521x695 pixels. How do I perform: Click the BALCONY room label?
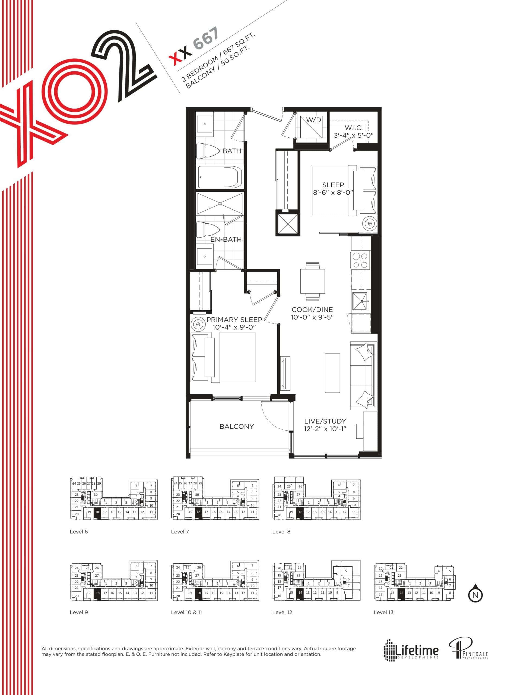click(x=236, y=426)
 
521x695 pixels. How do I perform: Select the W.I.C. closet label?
click(x=354, y=128)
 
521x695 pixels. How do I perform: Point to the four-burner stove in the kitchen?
click(x=360, y=260)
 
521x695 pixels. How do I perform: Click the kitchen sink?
click(x=362, y=301)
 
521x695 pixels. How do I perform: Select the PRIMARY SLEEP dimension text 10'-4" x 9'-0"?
click(x=234, y=327)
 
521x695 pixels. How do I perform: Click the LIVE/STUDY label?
click(x=325, y=421)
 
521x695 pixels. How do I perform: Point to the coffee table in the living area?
click(x=332, y=373)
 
